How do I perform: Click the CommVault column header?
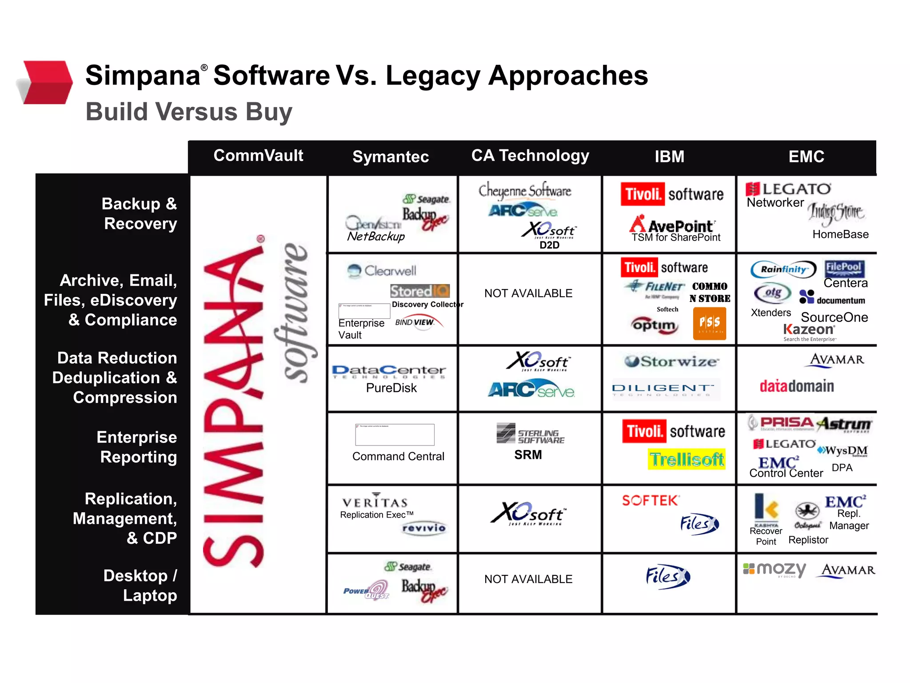click(258, 156)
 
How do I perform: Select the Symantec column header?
click(391, 157)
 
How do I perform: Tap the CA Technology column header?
click(530, 156)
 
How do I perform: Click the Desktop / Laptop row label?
click(141, 585)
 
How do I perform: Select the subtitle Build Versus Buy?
click(189, 111)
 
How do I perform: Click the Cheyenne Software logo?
click(525, 191)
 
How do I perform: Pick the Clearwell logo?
click(382, 270)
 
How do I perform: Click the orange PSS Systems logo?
click(709, 323)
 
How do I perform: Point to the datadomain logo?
click(797, 386)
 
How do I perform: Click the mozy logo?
click(775, 570)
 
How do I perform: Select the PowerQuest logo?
click(366, 591)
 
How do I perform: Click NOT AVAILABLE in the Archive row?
click(528, 293)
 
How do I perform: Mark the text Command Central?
click(398, 456)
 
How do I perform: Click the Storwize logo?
click(671, 362)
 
